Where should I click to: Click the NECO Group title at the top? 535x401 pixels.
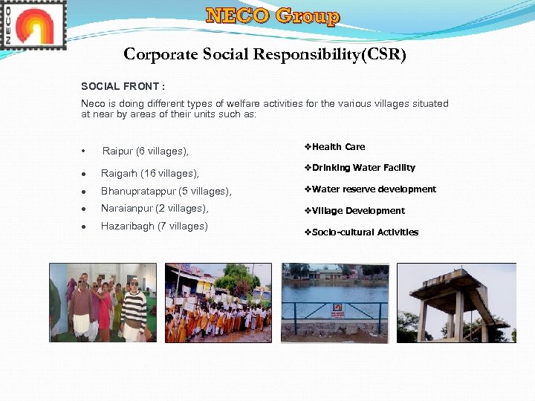(x=273, y=16)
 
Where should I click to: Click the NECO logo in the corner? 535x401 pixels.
(x=33, y=25)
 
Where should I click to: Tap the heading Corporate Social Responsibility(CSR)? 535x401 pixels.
(x=265, y=54)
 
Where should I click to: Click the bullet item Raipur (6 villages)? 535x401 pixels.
(x=145, y=151)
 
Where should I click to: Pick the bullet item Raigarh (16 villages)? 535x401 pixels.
(x=149, y=173)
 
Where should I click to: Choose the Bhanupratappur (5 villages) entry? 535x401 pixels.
(x=166, y=192)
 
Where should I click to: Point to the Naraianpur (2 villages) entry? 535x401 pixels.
(x=155, y=209)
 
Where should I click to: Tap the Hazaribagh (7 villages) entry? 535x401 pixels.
(x=154, y=226)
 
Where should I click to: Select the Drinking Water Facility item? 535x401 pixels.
(x=363, y=168)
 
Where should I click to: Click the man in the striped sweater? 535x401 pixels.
(x=134, y=308)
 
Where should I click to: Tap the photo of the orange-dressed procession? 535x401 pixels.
(x=218, y=303)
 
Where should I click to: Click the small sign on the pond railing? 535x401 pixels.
(x=338, y=307)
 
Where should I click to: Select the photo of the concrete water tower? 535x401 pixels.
(x=456, y=303)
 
